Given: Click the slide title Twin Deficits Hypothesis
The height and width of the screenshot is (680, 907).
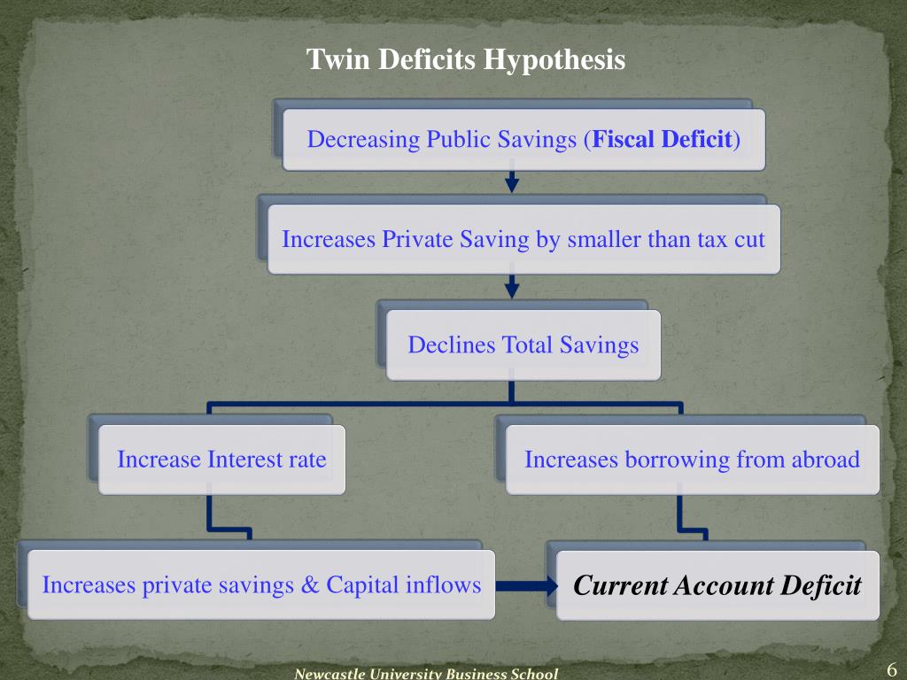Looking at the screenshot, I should (x=466, y=59).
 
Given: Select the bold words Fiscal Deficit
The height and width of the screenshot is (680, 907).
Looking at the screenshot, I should (x=663, y=139).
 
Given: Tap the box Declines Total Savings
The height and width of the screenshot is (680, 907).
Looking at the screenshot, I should (x=523, y=344).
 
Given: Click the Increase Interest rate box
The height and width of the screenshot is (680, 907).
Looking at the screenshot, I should (x=221, y=460).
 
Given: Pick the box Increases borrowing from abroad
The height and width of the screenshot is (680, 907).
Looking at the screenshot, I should (x=692, y=460).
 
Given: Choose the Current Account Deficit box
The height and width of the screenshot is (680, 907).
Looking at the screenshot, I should (x=717, y=585).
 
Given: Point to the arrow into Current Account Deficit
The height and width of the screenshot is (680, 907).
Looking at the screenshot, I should (x=528, y=585).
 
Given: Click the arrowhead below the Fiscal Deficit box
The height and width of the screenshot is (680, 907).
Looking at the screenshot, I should (x=512, y=184).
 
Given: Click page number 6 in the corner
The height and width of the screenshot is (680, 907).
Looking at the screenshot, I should (x=891, y=668).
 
